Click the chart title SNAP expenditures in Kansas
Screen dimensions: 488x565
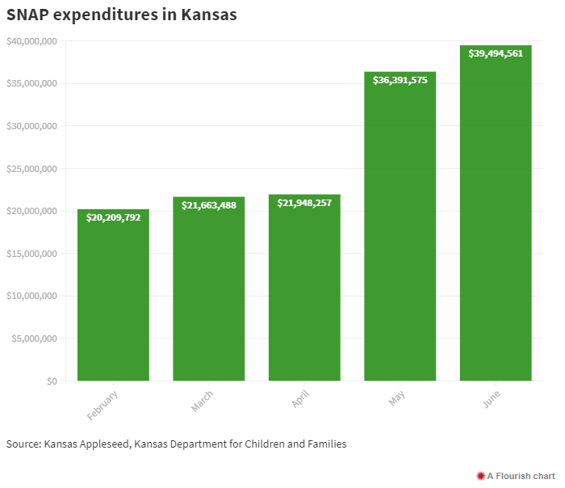pos(122,15)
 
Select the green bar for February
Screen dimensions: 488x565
pos(113,299)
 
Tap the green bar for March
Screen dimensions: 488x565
pos(209,295)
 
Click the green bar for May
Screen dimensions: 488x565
pos(400,234)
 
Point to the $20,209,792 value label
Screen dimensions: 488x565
pos(113,217)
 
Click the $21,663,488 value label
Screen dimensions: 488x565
pos(209,205)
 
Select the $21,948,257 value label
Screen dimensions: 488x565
pos(304,203)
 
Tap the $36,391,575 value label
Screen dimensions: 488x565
pos(400,80)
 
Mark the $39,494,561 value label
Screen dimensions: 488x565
pos(496,53)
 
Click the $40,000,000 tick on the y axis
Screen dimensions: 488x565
pos(31,41)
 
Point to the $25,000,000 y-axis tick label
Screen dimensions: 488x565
pos(31,169)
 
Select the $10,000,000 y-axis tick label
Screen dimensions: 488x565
pos(31,296)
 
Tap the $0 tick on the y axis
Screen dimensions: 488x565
pos(52,381)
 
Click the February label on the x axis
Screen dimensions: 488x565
pos(103,405)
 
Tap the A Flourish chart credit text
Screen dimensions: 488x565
pos(521,476)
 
